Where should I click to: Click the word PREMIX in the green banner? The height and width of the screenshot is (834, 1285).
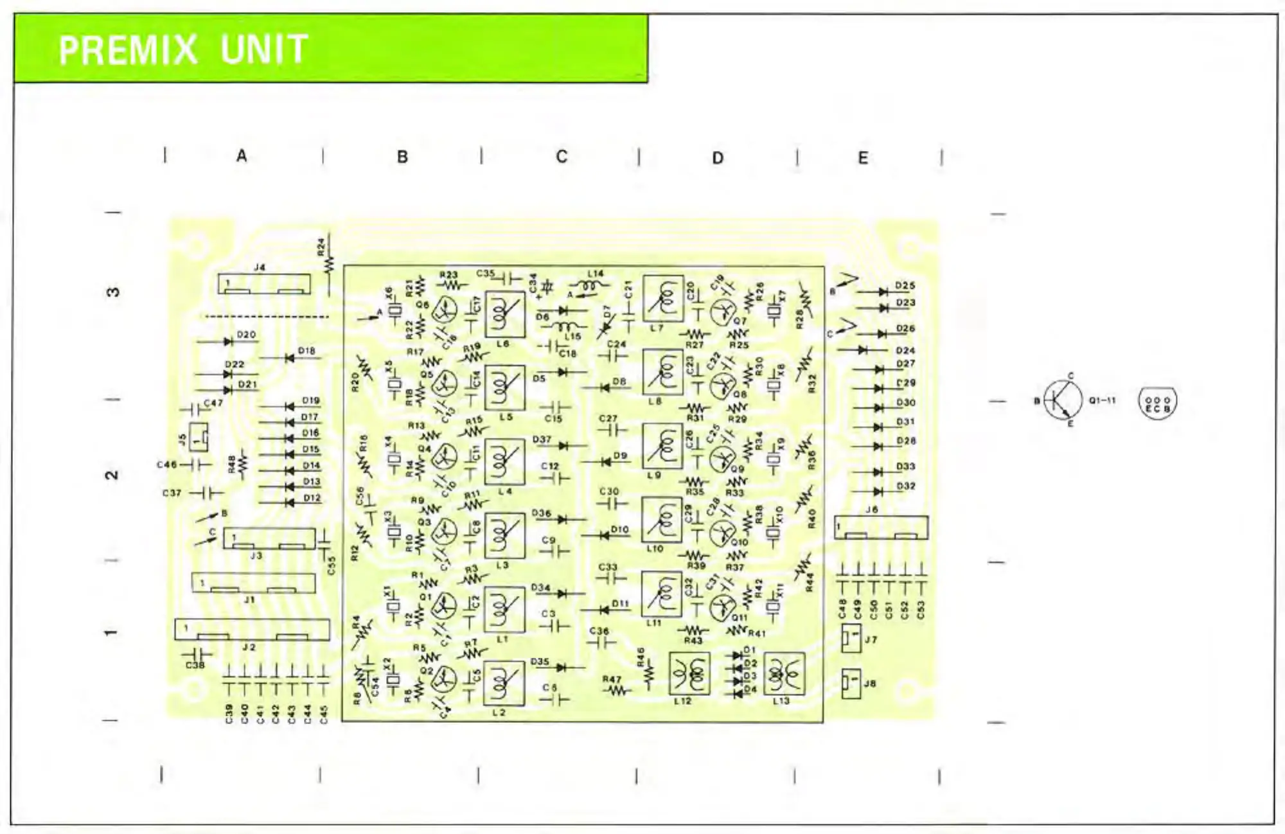(x=128, y=50)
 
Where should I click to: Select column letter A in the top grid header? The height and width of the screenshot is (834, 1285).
(x=242, y=155)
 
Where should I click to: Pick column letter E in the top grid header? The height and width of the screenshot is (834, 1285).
(x=863, y=158)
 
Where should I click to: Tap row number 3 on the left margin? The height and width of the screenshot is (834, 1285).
(x=112, y=292)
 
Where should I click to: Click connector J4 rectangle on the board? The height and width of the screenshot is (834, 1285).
(x=264, y=284)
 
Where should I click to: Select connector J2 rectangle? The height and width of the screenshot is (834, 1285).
(x=252, y=630)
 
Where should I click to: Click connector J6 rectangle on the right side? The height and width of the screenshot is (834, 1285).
(x=881, y=528)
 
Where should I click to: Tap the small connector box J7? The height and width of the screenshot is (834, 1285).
(x=851, y=638)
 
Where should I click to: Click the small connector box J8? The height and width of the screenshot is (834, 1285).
(x=851, y=684)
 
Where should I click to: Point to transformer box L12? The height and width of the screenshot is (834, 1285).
(x=689, y=673)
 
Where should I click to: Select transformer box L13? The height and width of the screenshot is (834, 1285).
(x=784, y=673)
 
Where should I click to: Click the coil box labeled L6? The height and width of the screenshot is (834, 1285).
(x=505, y=314)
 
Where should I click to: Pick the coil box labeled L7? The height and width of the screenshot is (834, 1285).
(x=663, y=299)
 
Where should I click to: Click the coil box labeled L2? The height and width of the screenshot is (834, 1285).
(x=504, y=684)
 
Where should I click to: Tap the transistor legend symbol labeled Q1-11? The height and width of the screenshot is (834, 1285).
(x=1062, y=400)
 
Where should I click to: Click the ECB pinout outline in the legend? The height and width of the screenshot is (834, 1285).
(x=1157, y=403)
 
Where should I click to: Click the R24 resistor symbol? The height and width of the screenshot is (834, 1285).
(x=329, y=263)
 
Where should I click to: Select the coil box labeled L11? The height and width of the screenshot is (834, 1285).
(x=662, y=594)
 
